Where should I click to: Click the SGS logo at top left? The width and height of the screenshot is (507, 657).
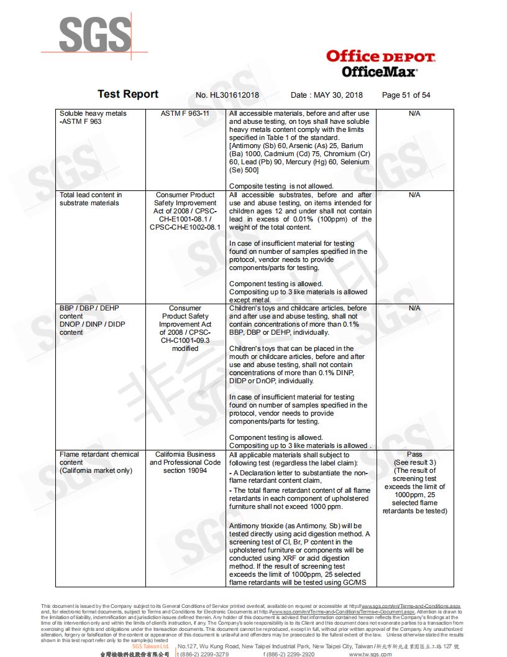pyautogui.click(x=94, y=32)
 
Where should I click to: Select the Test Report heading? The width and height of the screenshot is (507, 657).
pyautogui.click(x=128, y=94)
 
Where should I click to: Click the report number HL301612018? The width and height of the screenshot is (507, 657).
pyautogui.click(x=227, y=95)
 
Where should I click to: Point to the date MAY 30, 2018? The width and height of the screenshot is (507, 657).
pyautogui.click(x=327, y=95)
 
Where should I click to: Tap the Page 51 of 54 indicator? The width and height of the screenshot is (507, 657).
pyautogui.click(x=406, y=95)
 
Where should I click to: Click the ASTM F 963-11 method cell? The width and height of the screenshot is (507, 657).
pyautogui.click(x=185, y=114)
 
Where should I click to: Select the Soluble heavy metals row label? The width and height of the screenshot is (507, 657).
pyautogui.click(x=93, y=118)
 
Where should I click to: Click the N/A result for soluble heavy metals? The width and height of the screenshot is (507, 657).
pyautogui.click(x=414, y=114)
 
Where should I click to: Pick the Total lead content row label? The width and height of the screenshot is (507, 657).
pyautogui.click(x=91, y=199)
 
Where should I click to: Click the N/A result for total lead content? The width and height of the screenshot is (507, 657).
pyautogui.click(x=414, y=195)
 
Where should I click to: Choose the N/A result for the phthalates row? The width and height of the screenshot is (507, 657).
pyautogui.click(x=414, y=308)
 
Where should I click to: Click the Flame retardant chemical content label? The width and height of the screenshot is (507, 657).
pyautogui.click(x=99, y=462)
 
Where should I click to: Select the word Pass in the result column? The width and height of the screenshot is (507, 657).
pyautogui.click(x=414, y=454)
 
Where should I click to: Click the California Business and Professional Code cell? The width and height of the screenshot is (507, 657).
pyautogui.click(x=185, y=462)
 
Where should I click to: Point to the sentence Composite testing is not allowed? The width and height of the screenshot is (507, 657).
pyautogui.click(x=281, y=186)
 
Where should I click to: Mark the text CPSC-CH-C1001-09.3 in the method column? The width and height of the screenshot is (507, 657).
pyautogui.click(x=185, y=340)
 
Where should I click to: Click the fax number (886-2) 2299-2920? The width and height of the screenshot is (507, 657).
pyautogui.click(x=290, y=655)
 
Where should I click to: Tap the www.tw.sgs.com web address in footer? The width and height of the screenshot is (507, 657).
pyautogui.click(x=370, y=655)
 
